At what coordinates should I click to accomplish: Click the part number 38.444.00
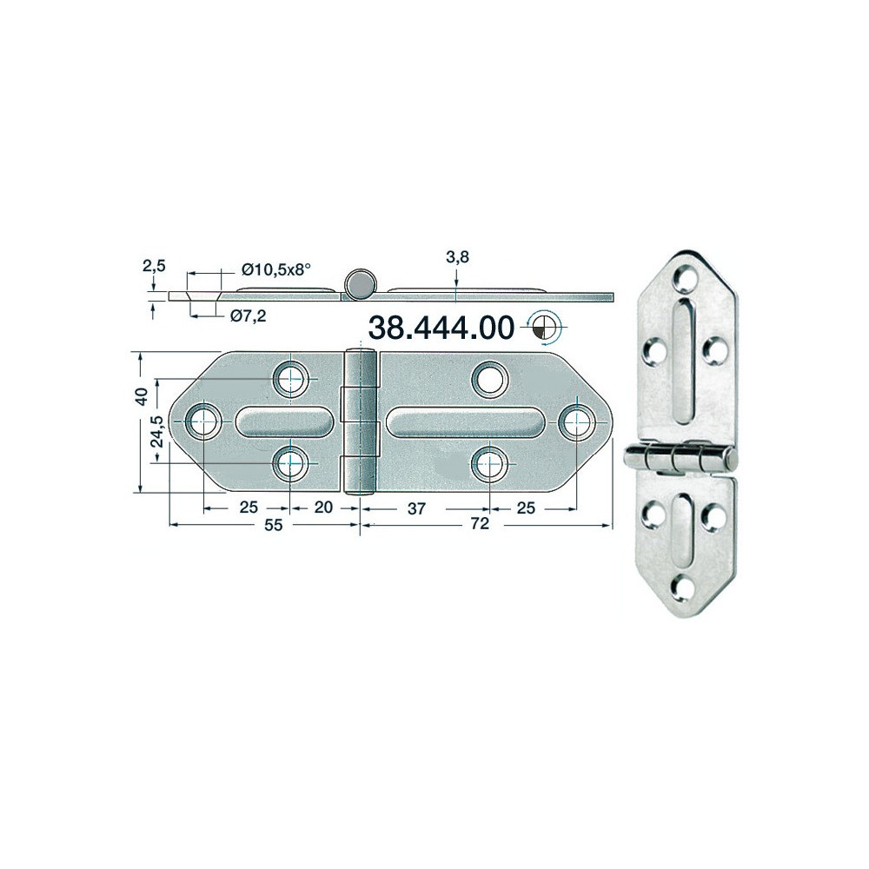pos(441,328)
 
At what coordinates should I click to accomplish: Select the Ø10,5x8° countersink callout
pos(275,269)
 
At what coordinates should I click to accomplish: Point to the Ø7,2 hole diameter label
pos(248,316)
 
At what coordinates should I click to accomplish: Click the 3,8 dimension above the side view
pos(457,257)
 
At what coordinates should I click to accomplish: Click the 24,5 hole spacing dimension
pos(156,432)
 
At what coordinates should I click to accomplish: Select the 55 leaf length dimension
pos(273,524)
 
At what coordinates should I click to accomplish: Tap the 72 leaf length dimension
pos(480,523)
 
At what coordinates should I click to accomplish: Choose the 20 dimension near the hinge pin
pos(323,507)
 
